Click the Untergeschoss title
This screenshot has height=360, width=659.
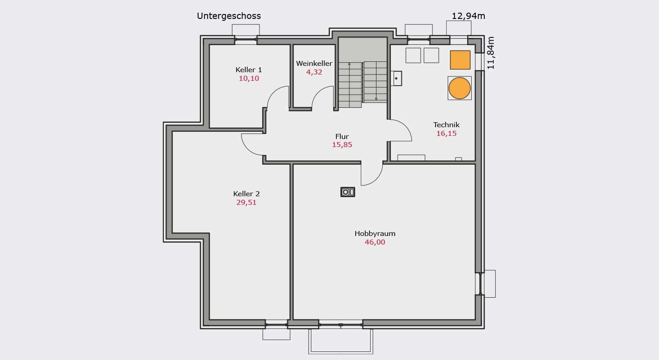point(229,16)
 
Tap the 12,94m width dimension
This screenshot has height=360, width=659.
point(469,16)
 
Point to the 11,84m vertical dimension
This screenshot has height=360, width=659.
point(491,53)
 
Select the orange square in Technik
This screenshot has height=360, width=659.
point(460,60)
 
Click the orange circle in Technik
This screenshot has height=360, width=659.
point(459,88)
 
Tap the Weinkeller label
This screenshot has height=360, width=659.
point(314,63)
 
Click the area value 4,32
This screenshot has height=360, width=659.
point(314,72)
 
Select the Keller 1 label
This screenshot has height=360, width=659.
point(249,70)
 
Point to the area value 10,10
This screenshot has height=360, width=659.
point(249,78)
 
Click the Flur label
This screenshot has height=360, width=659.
point(342,137)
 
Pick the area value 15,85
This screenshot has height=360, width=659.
point(342,145)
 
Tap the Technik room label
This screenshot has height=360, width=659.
point(446,125)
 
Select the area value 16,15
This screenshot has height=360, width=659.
point(446,134)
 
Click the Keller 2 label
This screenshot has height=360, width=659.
point(246,194)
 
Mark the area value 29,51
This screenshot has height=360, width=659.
point(246,203)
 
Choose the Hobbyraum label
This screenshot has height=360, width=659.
point(375,234)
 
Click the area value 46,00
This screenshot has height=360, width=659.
point(375,242)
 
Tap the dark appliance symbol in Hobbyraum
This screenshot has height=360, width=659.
point(348,192)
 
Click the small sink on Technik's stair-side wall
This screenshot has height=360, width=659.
point(397,78)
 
